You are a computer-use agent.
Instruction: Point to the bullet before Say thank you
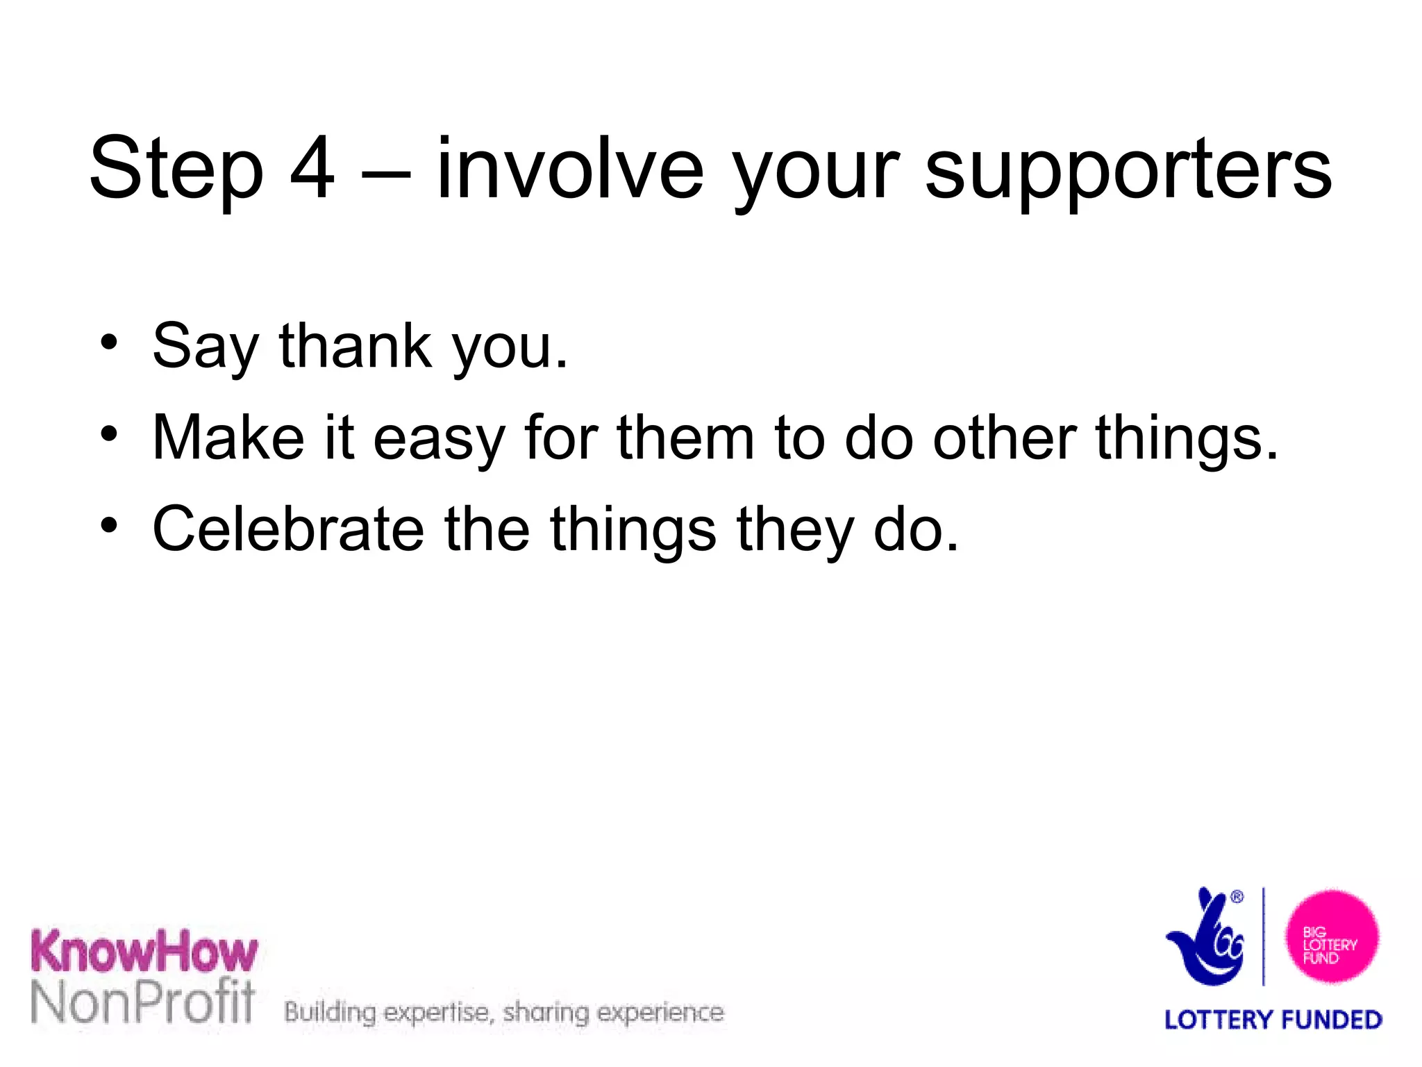[x=108, y=342]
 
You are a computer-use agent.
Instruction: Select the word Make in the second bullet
[x=228, y=437]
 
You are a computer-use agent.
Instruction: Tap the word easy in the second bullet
[x=438, y=440]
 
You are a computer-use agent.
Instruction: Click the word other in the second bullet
[x=1004, y=437]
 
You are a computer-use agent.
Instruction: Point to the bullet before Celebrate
[x=108, y=526]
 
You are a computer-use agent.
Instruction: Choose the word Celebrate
[x=288, y=529]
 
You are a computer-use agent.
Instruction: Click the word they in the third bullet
[x=794, y=531]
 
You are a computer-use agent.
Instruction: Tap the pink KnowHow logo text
[x=144, y=952]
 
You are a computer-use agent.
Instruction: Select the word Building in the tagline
[x=330, y=1013]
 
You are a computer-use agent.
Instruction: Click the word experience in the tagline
[x=660, y=1013]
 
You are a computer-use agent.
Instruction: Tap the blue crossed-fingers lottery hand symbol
[x=1207, y=938]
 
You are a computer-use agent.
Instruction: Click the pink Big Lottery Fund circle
[x=1331, y=937]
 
